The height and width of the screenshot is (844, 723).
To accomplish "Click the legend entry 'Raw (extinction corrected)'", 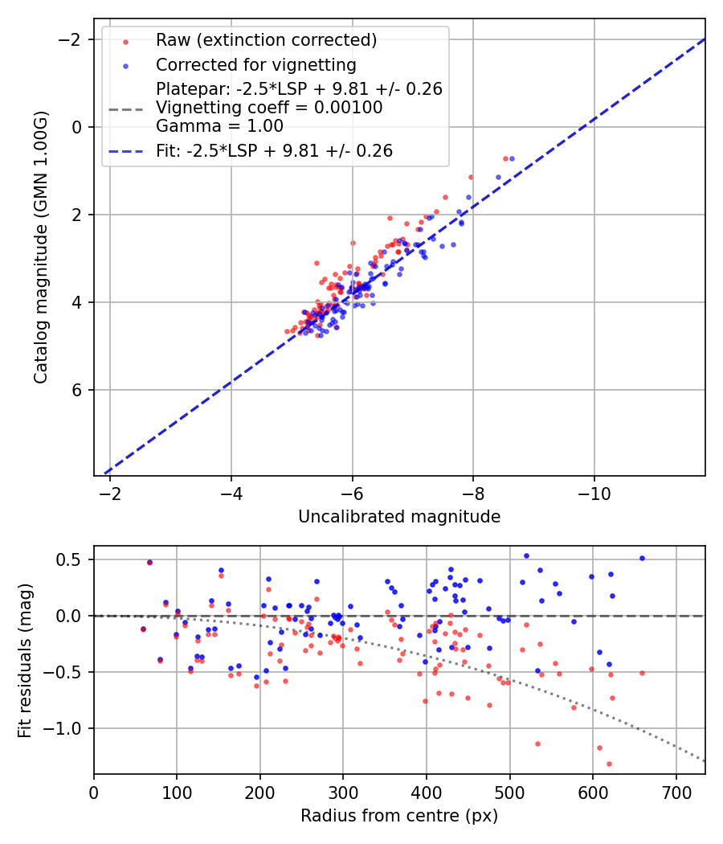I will [x=266, y=40].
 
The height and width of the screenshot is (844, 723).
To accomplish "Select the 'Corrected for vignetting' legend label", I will [x=256, y=64].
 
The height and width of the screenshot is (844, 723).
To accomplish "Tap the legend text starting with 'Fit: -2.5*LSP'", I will [x=274, y=150].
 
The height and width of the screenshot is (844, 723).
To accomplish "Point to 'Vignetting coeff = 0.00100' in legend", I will [x=269, y=108].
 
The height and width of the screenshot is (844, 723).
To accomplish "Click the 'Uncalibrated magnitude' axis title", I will [x=399, y=517].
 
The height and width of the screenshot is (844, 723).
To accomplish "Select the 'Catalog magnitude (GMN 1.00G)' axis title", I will [x=42, y=247].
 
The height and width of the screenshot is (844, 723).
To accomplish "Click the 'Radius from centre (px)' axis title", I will [x=399, y=816].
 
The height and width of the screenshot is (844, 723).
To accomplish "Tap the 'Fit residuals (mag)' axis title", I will [x=25, y=659].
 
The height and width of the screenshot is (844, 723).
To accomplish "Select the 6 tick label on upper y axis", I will [x=78, y=390].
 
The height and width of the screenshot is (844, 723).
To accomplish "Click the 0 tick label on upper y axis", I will [x=78, y=127].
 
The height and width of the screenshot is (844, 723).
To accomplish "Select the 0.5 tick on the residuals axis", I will [x=72, y=559].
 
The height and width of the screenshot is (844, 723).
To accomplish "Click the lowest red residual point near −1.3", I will [x=609, y=764].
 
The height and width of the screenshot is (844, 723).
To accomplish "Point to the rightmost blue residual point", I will [x=642, y=558].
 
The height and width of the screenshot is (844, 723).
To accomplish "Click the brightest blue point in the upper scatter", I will [x=512, y=158].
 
